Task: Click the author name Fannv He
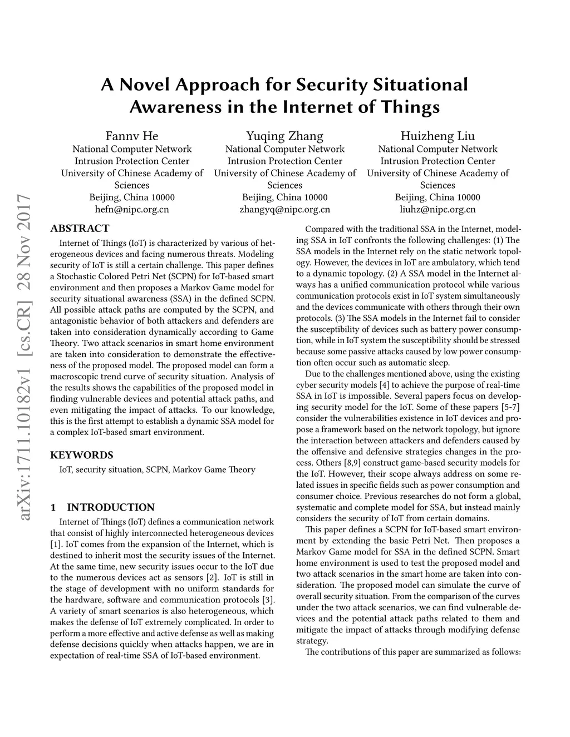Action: tap(132, 136)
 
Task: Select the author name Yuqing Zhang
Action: tap(284, 136)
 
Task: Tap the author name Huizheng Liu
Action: tap(438, 136)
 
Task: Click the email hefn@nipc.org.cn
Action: tap(132, 210)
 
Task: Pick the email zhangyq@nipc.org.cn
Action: tap(284, 210)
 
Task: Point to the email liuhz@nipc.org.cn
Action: tap(438, 210)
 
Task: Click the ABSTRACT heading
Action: tap(80, 229)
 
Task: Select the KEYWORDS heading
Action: tap(82, 455)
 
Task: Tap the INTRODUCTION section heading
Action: tap(111, 507)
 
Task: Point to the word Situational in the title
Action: tap(420, 85)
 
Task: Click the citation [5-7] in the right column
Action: tap(510, 407)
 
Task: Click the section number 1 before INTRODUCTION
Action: tap(53, 507)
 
